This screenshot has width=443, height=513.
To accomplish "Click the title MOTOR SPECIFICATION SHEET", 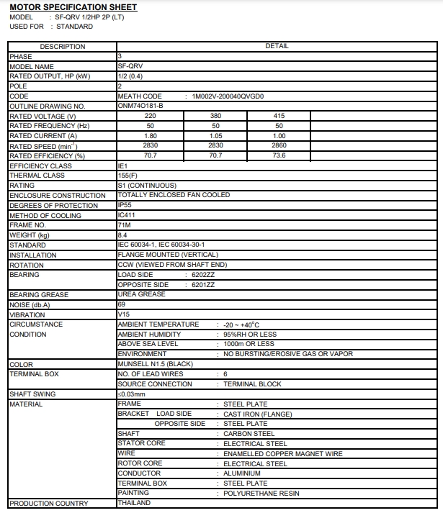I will pos(73,7).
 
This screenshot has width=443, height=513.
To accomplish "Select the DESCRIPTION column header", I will pos(62,47).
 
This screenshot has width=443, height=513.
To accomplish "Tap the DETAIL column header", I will pos(277,47).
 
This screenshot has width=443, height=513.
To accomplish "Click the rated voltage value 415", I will pos(279,116).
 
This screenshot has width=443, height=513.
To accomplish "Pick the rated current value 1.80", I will pos(151,136).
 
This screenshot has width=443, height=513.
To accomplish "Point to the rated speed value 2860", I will pos(279,146).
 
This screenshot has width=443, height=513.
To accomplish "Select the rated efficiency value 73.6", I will pos(279,155).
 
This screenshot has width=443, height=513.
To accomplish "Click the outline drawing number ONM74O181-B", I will pos(140,106).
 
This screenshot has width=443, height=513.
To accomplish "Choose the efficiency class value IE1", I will pos(122,166).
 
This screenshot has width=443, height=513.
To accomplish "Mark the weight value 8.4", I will pos(122,235).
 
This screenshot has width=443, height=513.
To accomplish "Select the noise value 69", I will pos(121,304).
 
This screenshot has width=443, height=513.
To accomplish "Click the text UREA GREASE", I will pos(141,294).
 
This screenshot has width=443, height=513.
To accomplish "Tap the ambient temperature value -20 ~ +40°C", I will pos(244,324).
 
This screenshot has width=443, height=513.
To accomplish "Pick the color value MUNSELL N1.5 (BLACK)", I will pos(155,364).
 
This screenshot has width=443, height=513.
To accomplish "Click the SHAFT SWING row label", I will pos(32,394).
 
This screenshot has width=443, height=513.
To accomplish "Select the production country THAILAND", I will pos(134,503).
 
